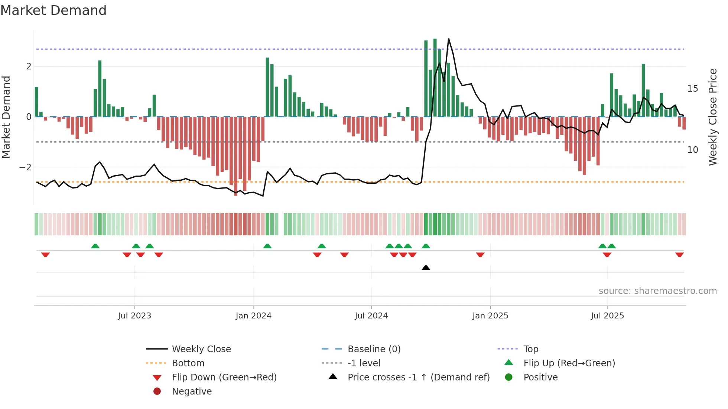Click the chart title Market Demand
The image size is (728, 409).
point(53,10)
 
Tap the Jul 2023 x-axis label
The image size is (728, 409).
point(134,316)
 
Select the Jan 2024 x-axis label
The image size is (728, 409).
point(253,316)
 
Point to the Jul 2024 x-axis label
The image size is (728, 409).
point(371,316)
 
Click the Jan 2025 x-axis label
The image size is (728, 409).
point(490,316)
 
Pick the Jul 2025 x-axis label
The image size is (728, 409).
point(607,316)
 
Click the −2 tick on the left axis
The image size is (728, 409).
point(25,167)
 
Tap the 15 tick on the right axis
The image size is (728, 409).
point(693,89)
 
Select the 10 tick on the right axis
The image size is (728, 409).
point(693,150)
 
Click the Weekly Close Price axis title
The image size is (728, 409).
point(712,117)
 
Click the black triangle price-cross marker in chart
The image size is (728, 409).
point(426,268)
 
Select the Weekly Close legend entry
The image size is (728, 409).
point(201,349)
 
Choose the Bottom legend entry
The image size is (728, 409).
point(188,363)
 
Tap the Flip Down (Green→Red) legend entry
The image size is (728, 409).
point(224,377)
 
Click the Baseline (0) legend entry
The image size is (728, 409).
point(374,349)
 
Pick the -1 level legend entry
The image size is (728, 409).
point(364,363)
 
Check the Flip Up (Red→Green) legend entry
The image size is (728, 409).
point(569,363)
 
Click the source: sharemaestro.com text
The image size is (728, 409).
point(657,291)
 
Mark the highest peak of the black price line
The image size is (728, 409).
point(449,39)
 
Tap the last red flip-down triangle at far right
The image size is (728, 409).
point(679,255)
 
